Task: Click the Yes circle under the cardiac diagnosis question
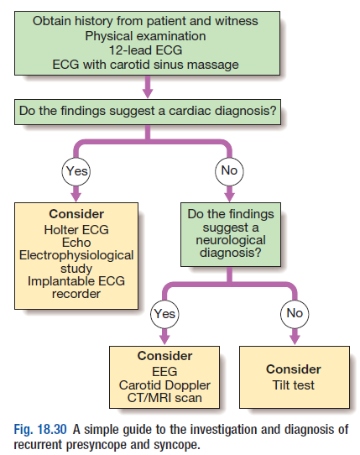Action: (x=76, y=171)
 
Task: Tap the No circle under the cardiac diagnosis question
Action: (x=229, y=171)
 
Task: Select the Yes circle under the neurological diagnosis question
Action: (x=164, y=314)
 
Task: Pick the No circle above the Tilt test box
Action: (x=295, y=314)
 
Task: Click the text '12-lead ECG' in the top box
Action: (x=146, y=50)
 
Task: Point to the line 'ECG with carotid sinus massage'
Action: (x=146, y=65)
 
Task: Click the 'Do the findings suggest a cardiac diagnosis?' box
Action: (x=148, y=112)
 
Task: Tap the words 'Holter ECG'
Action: (x=76, y=230)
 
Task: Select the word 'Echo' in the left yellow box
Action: (x=76, y=243)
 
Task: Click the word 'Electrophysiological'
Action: (x=76, y=256)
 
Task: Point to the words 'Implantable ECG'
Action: (x=76, y=281)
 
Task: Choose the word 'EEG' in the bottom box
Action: (x=164, y=372)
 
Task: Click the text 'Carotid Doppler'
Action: (x=164, y=385)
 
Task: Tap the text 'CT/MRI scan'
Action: (x=164, y=398)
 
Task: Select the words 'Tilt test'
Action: (x=294, y=385)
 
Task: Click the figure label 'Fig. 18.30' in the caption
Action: (x=40, y=430)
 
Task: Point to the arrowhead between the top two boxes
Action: (x=148, y=93)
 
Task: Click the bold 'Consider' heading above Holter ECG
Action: (x=76, y=214)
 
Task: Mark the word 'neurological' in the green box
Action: (x=231, y=241)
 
